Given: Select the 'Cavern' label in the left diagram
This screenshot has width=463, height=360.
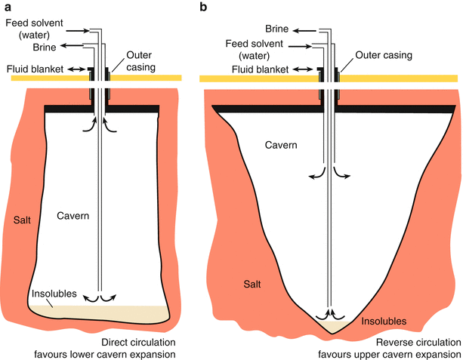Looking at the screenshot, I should [x=73, y=216].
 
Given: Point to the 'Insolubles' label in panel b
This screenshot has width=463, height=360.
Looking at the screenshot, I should [x=383, y=321].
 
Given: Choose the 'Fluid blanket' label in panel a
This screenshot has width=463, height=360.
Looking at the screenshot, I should [x=32, y=69].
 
